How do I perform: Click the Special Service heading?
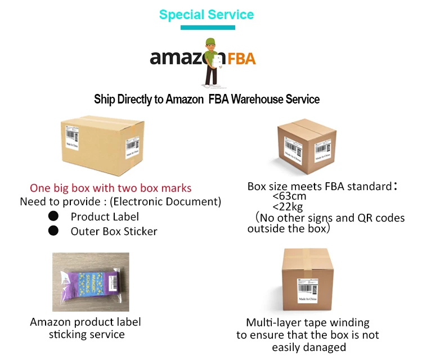[206, 15]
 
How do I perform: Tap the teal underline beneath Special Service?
[206, 27]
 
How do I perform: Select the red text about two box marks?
[111, 188]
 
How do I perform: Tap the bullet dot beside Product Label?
[53, 216]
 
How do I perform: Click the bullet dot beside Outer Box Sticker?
[53, 231]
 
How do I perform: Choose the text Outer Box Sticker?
[114, 231]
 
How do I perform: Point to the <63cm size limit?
[289, 196]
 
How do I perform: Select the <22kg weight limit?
[289, 207]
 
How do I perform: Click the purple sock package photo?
[91, 282]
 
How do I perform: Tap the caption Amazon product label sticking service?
[86, 328]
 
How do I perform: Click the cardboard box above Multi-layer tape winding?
[306, 281]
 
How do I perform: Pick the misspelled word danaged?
[324, 347]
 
